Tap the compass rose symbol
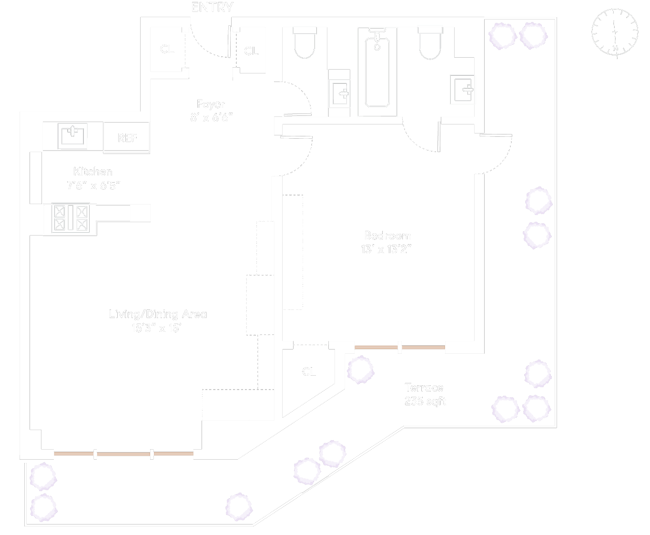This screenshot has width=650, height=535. (615, 32)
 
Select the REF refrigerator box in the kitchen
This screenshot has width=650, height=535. (127, 138)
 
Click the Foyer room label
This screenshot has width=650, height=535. (211, 104)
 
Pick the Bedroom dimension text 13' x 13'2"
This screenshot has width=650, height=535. (386, 249)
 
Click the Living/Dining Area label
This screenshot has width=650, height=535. (158, 314)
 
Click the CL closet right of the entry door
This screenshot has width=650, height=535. (251, 51)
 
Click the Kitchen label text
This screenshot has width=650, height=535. (93, 172)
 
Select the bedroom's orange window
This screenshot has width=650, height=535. (399, 348)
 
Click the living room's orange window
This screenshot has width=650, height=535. (123, 454)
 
